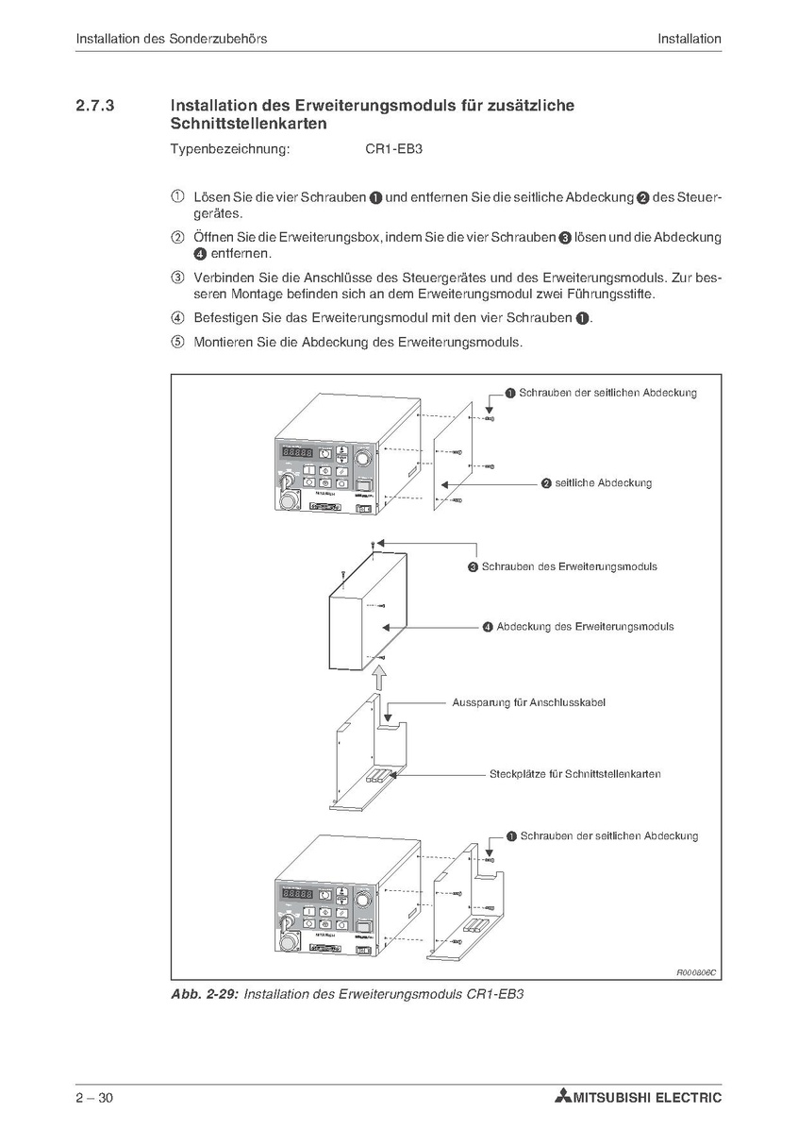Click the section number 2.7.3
pyautogui.click(x=94, y=107)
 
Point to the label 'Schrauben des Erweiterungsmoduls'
pyautogui.click(x=569, y=567)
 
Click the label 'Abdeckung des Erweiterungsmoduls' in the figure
pyautogui.click(x=585, y=626)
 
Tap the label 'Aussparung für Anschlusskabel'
pyautogui.click(x=528, y=703)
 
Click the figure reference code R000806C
pyautogui.click(x=696, y=972)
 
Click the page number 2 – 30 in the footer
pyautogui.click(x=95, y=1098)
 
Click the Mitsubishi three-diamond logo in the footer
pyautogui.click(x=563, y=1098)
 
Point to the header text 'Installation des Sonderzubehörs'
pyautogui.click(x=171, y=39)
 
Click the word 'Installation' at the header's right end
pyautogui.click(x=690, y=39)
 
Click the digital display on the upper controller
pyautogui.click(x=298, y=453)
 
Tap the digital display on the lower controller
pyautogui.click(x=298, y=893)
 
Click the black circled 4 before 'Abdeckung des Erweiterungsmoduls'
pyautogui.click(x=488, y=627)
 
